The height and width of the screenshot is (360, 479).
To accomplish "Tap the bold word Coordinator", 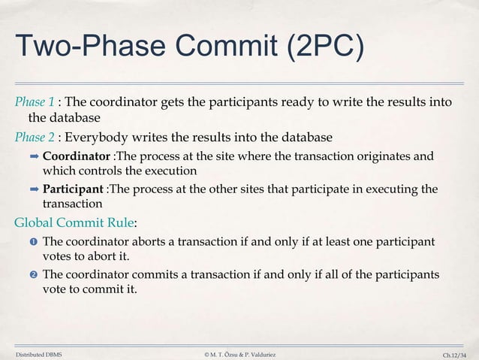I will tap(77, 157).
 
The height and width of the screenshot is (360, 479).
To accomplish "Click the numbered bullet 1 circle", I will tap(33, 243).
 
